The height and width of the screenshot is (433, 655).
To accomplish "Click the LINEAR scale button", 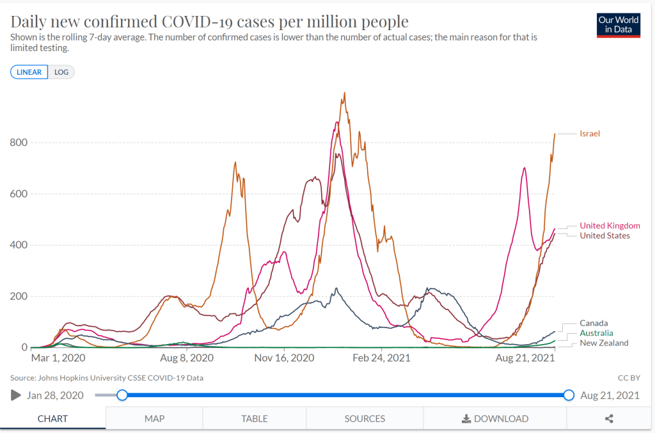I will [x=29, y=72].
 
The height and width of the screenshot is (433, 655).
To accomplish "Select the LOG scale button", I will [x=61, y=72].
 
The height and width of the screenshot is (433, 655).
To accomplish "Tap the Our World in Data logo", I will [x=618, y=25].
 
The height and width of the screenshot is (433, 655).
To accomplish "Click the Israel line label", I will [x=590, y=134].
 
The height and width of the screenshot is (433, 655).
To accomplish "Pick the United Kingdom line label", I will [x=610, y=226].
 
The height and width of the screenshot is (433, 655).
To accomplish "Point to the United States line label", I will [x=604, y=236].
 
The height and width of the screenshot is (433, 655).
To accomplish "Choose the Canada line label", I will [x=594, y=324].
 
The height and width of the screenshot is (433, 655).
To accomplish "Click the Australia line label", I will [x=596, y=333].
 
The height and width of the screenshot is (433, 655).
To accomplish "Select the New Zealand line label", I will [x=604, y=343].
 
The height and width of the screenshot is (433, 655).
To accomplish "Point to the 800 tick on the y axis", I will [x=19, y=143].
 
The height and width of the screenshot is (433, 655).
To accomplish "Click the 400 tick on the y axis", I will [x=19, y=245].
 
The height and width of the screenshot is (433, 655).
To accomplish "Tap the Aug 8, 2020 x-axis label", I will [x=187, y=358].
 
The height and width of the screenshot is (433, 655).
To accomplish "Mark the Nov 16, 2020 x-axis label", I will [x=285, y=358].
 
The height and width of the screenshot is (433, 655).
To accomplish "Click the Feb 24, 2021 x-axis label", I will [x=381, y=358].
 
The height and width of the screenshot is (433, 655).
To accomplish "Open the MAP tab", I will [x=154, y=419].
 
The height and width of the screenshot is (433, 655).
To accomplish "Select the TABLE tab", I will [x=255, y=419].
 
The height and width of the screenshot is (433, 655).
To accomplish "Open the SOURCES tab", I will [x=365, y=419].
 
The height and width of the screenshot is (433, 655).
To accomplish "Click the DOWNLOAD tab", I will [x=495, y=419].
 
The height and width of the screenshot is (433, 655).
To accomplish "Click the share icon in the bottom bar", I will [x=609, y=419].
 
